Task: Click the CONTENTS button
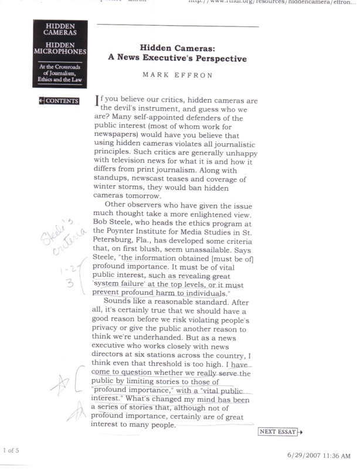point(59,101)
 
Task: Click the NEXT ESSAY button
point(280,432)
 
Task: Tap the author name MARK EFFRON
point(180,76)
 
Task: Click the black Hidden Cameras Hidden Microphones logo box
point(60,53)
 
